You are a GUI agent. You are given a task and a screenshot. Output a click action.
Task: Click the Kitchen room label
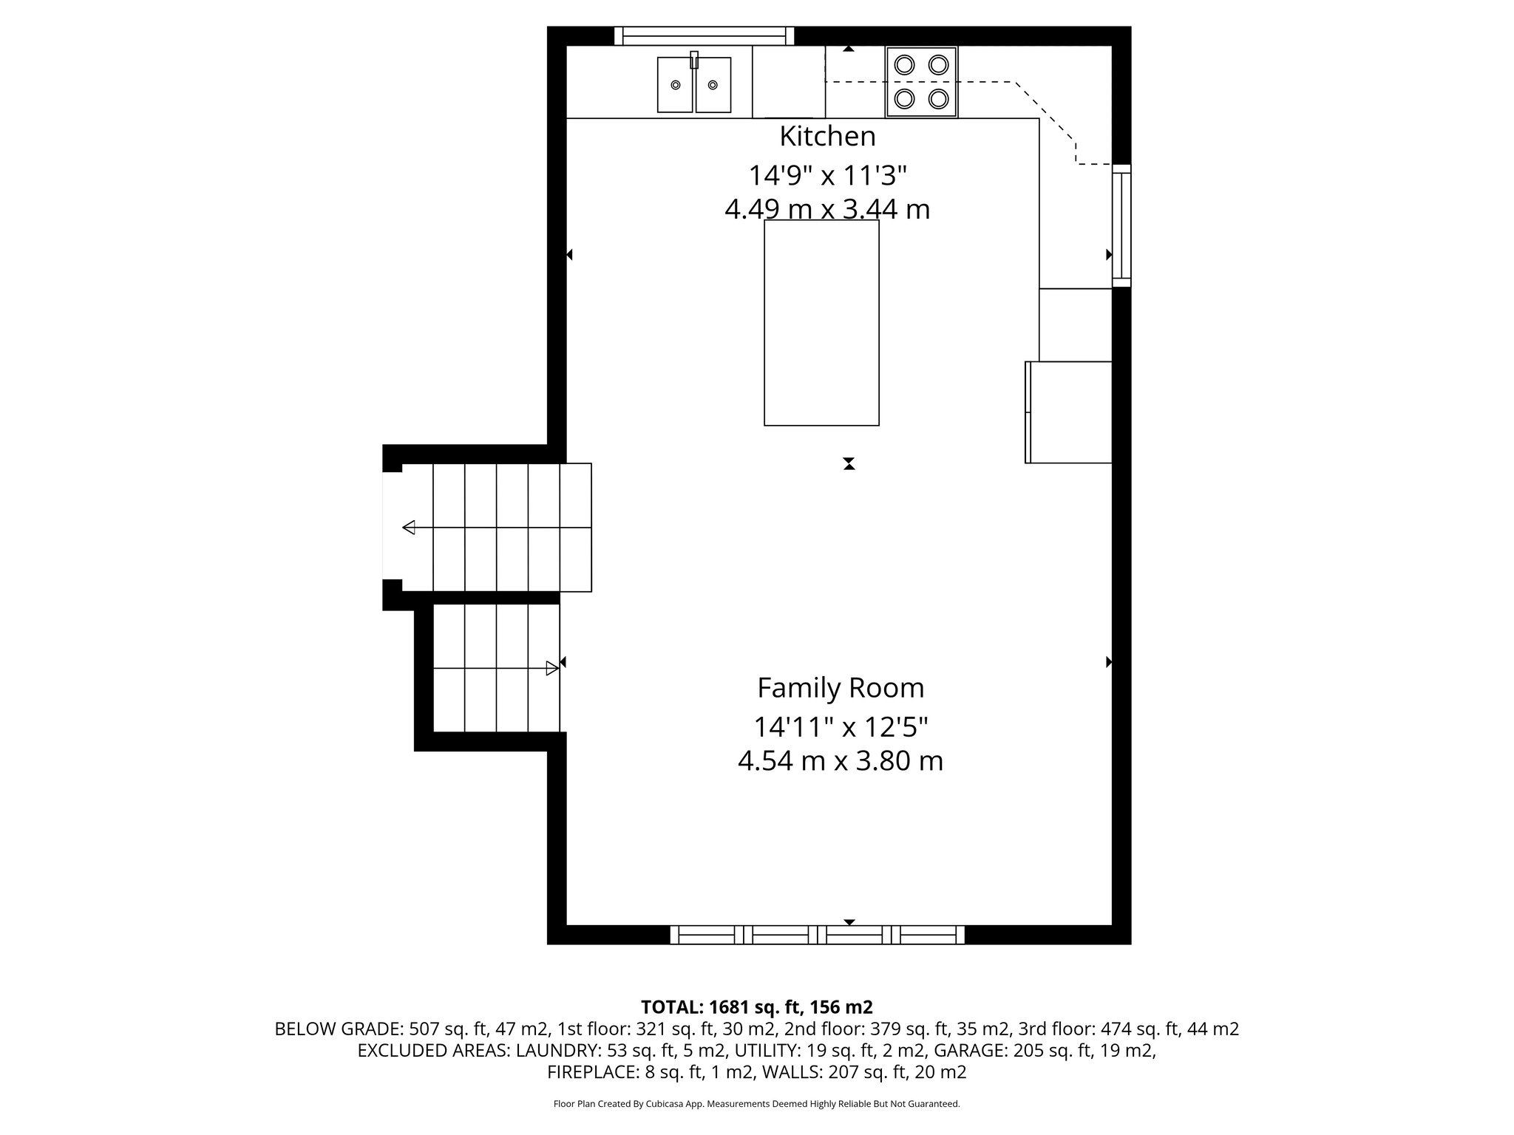[x=827, y=137]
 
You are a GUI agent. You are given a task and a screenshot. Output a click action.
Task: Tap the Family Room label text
[x=841, y=688]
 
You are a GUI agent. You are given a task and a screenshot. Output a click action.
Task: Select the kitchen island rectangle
[x=821, y=323]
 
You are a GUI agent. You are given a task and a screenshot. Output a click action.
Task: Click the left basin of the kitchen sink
[x=675, y=85]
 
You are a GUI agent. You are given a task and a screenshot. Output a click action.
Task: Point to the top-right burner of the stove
[x=939, y=65]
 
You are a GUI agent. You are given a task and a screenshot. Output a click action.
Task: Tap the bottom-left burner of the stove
[x=904, y=98]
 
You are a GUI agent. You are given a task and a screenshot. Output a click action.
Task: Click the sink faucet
[x=694, y=60]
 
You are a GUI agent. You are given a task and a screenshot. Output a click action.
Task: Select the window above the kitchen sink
[x=704, y=35]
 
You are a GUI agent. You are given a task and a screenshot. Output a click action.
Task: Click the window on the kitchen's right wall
[x=1121, y=225]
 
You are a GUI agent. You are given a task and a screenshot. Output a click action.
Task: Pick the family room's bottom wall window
[x=817, y=935]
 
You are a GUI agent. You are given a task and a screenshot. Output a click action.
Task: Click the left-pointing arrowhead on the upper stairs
[x=409, y=528]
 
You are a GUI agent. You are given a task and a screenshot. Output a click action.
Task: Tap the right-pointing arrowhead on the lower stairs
[x=551, y=669]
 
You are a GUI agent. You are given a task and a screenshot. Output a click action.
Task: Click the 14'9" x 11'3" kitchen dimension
[x=827, y=176]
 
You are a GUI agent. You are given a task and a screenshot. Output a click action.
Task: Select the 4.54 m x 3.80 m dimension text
[x=841, y=761]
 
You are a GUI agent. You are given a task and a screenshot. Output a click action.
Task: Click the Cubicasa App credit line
[x=756, y=1104]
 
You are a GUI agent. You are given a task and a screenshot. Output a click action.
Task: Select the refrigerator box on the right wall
[x=1069, y=412]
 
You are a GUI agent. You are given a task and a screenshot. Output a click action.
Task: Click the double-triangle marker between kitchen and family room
[x=849, y=464]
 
